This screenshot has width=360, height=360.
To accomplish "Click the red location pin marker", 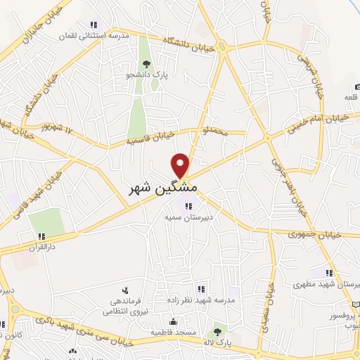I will click(x=181, y=165).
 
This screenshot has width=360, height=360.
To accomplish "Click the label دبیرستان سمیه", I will click(x=188, y=219).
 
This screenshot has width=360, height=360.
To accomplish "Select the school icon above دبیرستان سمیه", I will click(x=188, y=206).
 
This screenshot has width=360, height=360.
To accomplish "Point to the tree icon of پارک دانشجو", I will click(x=146, y=64).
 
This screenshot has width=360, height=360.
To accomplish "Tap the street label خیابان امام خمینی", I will click(x=317, y=121).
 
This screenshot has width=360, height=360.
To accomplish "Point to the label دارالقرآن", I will click(x=41, y=247).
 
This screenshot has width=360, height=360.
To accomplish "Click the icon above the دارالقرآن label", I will click(x=41, y=236).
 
